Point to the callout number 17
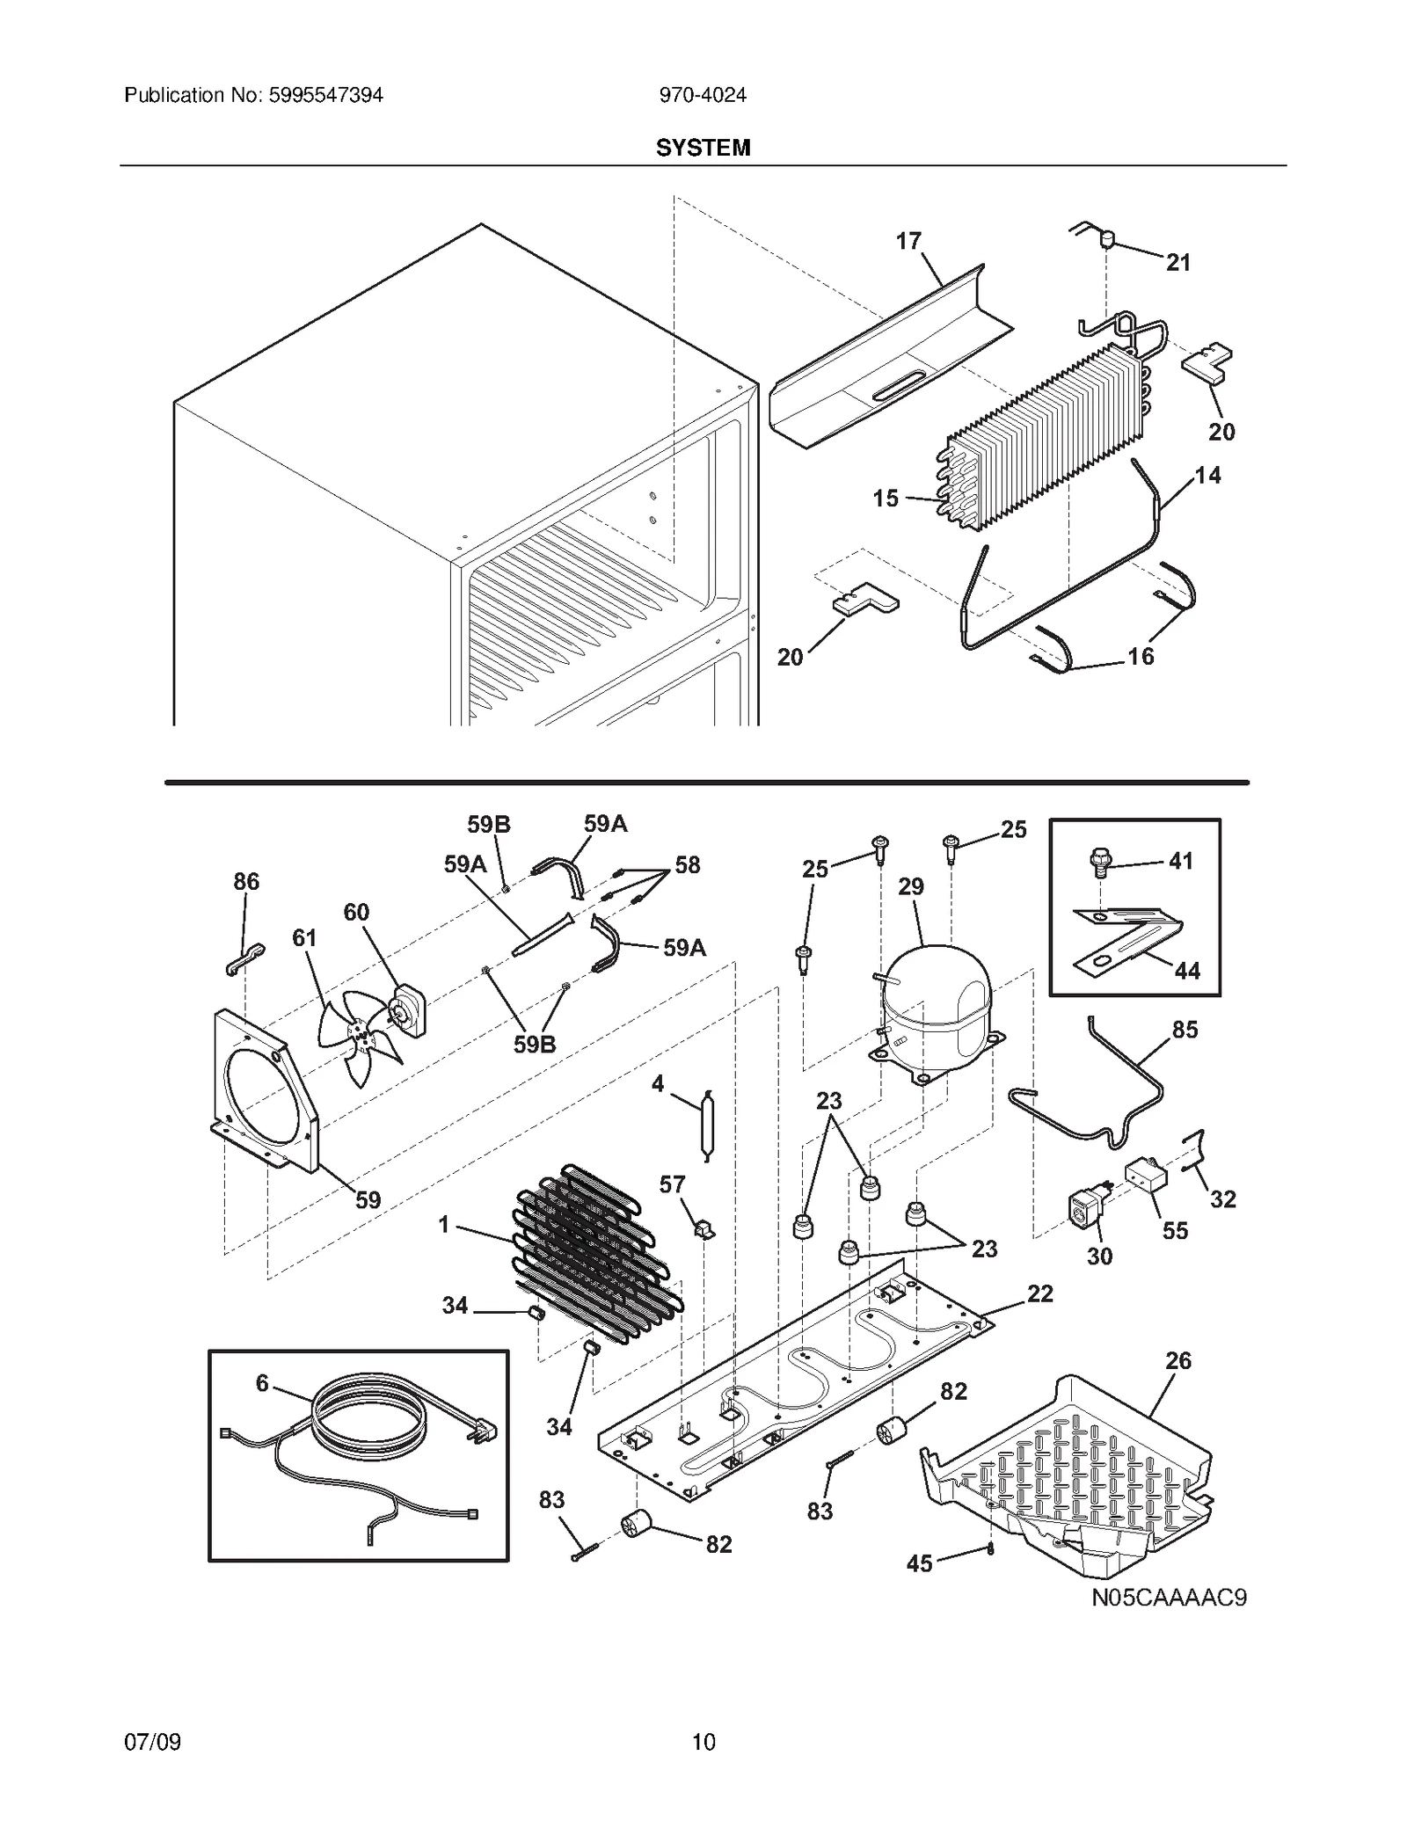(x=908, y=241)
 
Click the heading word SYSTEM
(x=703, y=148)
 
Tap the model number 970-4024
(x=703, y=95)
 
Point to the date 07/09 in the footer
(x=153, y=1741)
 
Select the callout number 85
(x=1185, y=1030)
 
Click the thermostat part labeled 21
(x=1107, y=237)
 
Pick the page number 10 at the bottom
(x=703, y=1741)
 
